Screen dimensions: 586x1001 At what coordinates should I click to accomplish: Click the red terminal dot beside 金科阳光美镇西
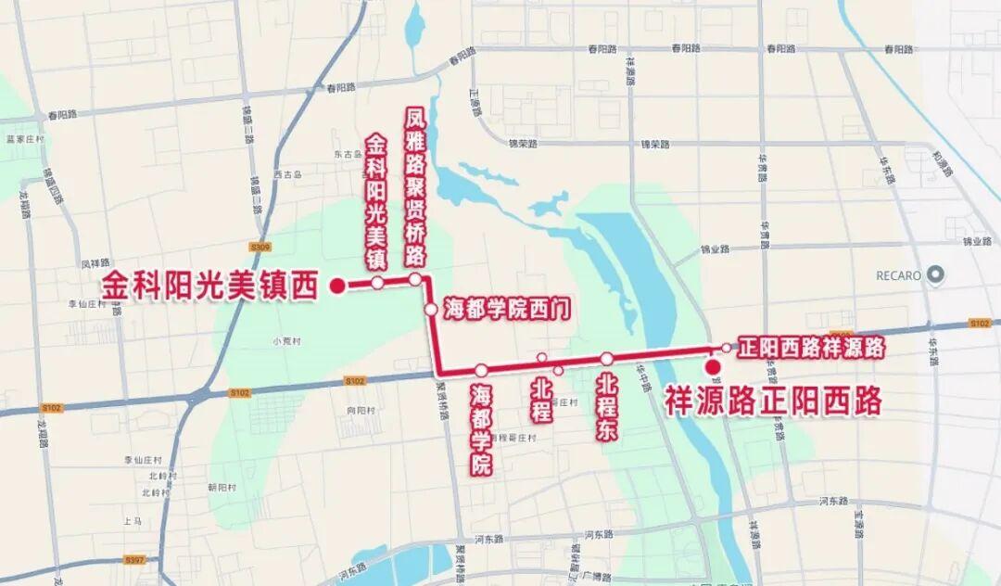coord(338,285)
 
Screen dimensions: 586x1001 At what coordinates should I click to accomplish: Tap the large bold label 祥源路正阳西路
coord(773,401)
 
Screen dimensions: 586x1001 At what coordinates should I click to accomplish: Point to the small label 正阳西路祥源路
coord(810,348)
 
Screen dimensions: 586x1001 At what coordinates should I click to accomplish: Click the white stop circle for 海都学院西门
coord(431,310)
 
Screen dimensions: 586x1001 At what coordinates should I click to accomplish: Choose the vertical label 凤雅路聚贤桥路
coord(415,187)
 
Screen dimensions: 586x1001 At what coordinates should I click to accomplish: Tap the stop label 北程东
coord(608,407)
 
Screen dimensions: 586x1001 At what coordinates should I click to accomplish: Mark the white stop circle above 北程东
coord(607,359)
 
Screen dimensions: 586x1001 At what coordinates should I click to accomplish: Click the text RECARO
coord(898,275)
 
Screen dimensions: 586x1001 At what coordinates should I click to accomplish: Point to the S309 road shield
coord(260,247)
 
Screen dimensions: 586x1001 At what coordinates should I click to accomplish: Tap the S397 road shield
coord(134,560)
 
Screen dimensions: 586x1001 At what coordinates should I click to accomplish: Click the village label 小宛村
coord(284,340)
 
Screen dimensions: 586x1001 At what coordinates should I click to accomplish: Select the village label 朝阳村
coord(222,487)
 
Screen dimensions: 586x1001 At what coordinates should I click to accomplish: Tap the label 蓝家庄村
coord(25,139)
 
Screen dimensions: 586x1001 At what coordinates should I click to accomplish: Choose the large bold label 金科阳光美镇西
coord(209,285)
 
